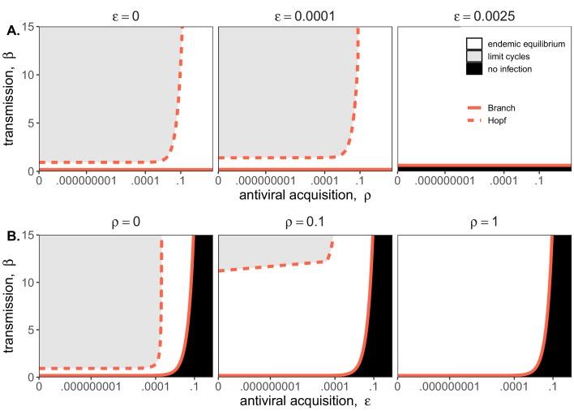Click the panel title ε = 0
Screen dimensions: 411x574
pos(125,12)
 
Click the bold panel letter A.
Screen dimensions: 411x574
pos(12,30)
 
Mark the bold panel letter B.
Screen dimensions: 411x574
pos(12,239)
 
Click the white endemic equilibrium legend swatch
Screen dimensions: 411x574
pos(475,42)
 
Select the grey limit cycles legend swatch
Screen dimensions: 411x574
pos(475,55)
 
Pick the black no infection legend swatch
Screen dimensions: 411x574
pos(475,69)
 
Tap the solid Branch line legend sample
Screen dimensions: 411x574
pos(475,107)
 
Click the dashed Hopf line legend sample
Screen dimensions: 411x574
pos(475,120)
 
